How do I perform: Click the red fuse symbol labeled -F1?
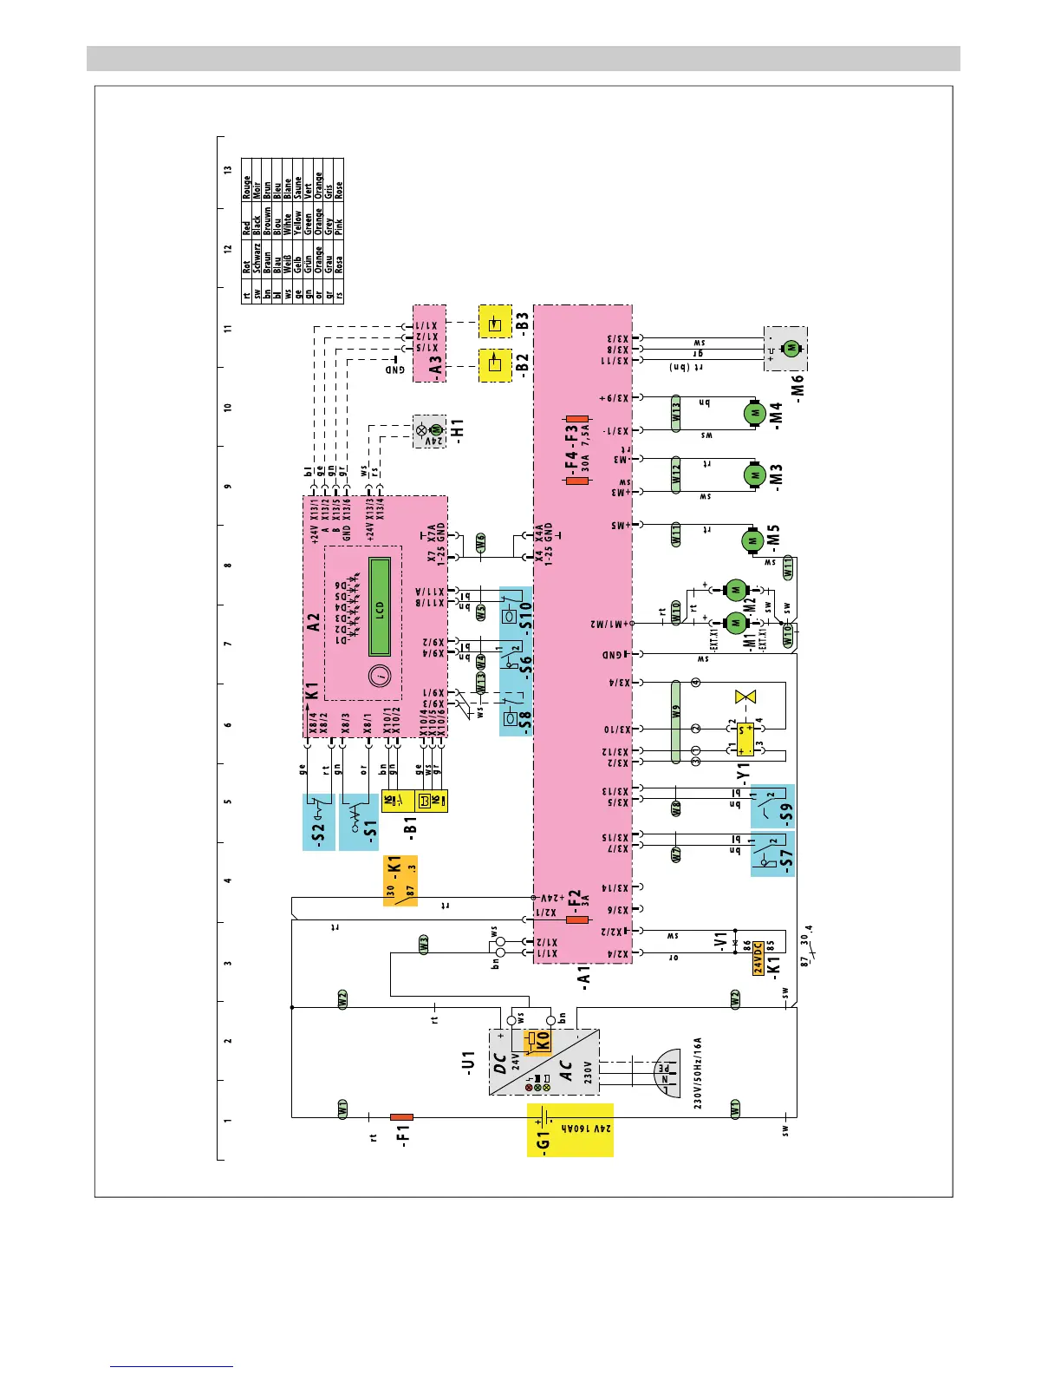[401, 1116]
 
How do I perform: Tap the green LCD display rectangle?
[380, 606]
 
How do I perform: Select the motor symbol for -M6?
[791, 348]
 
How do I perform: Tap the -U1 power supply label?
[469, 1063]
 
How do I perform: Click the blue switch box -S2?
[318, 821]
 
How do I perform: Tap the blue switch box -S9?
[772, 807]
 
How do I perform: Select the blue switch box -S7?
[772, 854]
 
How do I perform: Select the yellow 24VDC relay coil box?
[758, 958]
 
